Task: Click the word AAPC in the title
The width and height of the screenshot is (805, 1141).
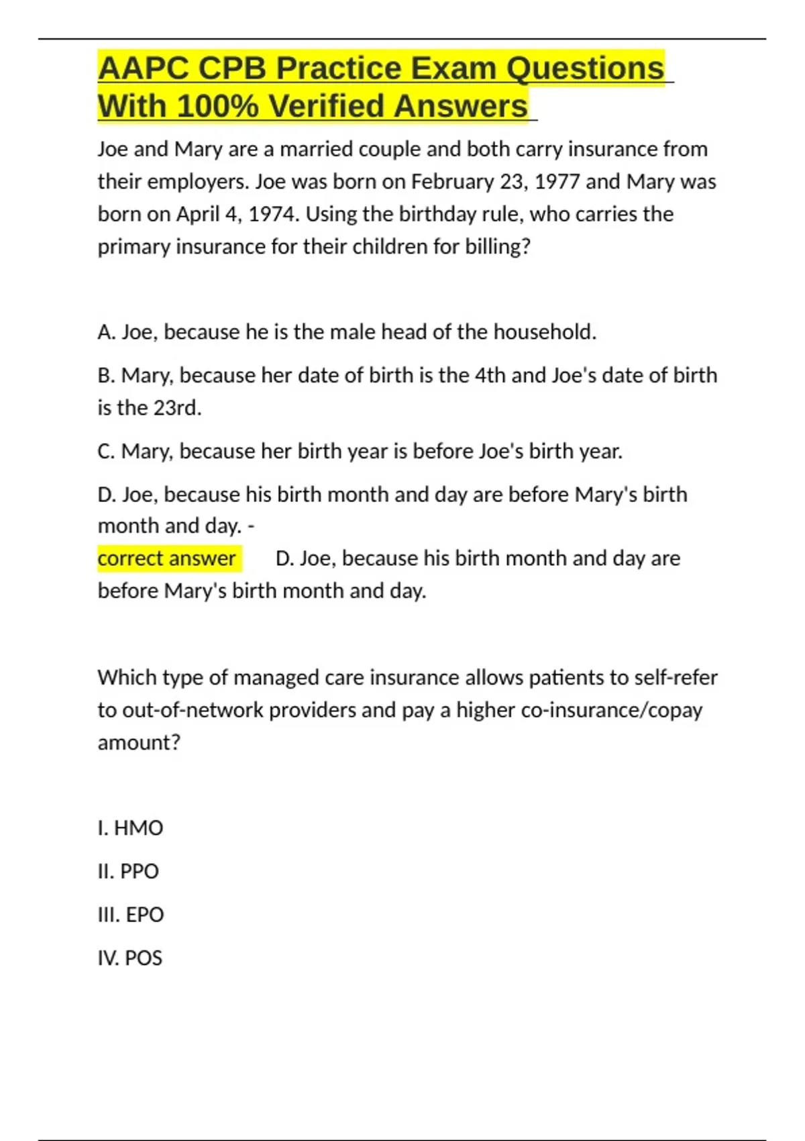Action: point(142,68)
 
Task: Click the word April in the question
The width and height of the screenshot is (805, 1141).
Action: point(197,214)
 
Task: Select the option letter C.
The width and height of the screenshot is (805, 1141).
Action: point(106,452)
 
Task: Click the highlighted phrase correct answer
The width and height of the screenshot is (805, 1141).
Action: point(167,558)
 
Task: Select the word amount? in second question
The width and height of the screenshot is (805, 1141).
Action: point(139,743)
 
